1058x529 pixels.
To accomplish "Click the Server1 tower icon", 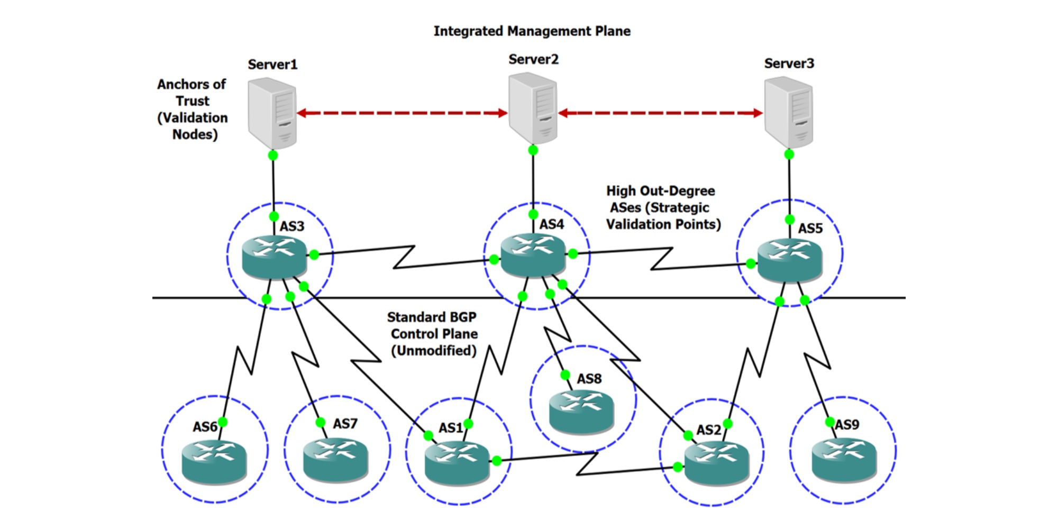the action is click(272, 114).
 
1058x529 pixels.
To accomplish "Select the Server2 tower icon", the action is click(533, 109).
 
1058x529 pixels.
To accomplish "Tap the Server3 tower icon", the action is click(789, 113).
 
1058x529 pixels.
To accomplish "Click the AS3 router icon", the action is click(275, 257).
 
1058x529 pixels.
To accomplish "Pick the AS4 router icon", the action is click(533, 255).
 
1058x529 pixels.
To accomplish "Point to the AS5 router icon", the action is click(790, 260).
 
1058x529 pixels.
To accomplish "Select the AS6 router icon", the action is click(214, 462).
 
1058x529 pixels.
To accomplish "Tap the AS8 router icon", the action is click(581, 412).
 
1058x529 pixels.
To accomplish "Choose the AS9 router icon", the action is click(844, 459).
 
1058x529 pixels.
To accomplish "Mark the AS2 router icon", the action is click(717, 463).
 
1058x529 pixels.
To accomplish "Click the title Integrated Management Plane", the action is click(532, 31).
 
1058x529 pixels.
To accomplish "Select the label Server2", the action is click(533, 59).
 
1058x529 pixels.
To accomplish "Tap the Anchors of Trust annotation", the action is click(193, 110).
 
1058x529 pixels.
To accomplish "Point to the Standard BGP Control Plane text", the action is click(433, 334).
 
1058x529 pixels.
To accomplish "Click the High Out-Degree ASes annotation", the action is click(663, 207).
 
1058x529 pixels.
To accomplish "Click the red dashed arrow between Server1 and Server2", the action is click(402, 113).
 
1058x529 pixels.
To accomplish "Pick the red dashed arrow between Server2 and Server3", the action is click(661, 113).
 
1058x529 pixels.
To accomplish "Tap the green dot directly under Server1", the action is click(272, 155).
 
